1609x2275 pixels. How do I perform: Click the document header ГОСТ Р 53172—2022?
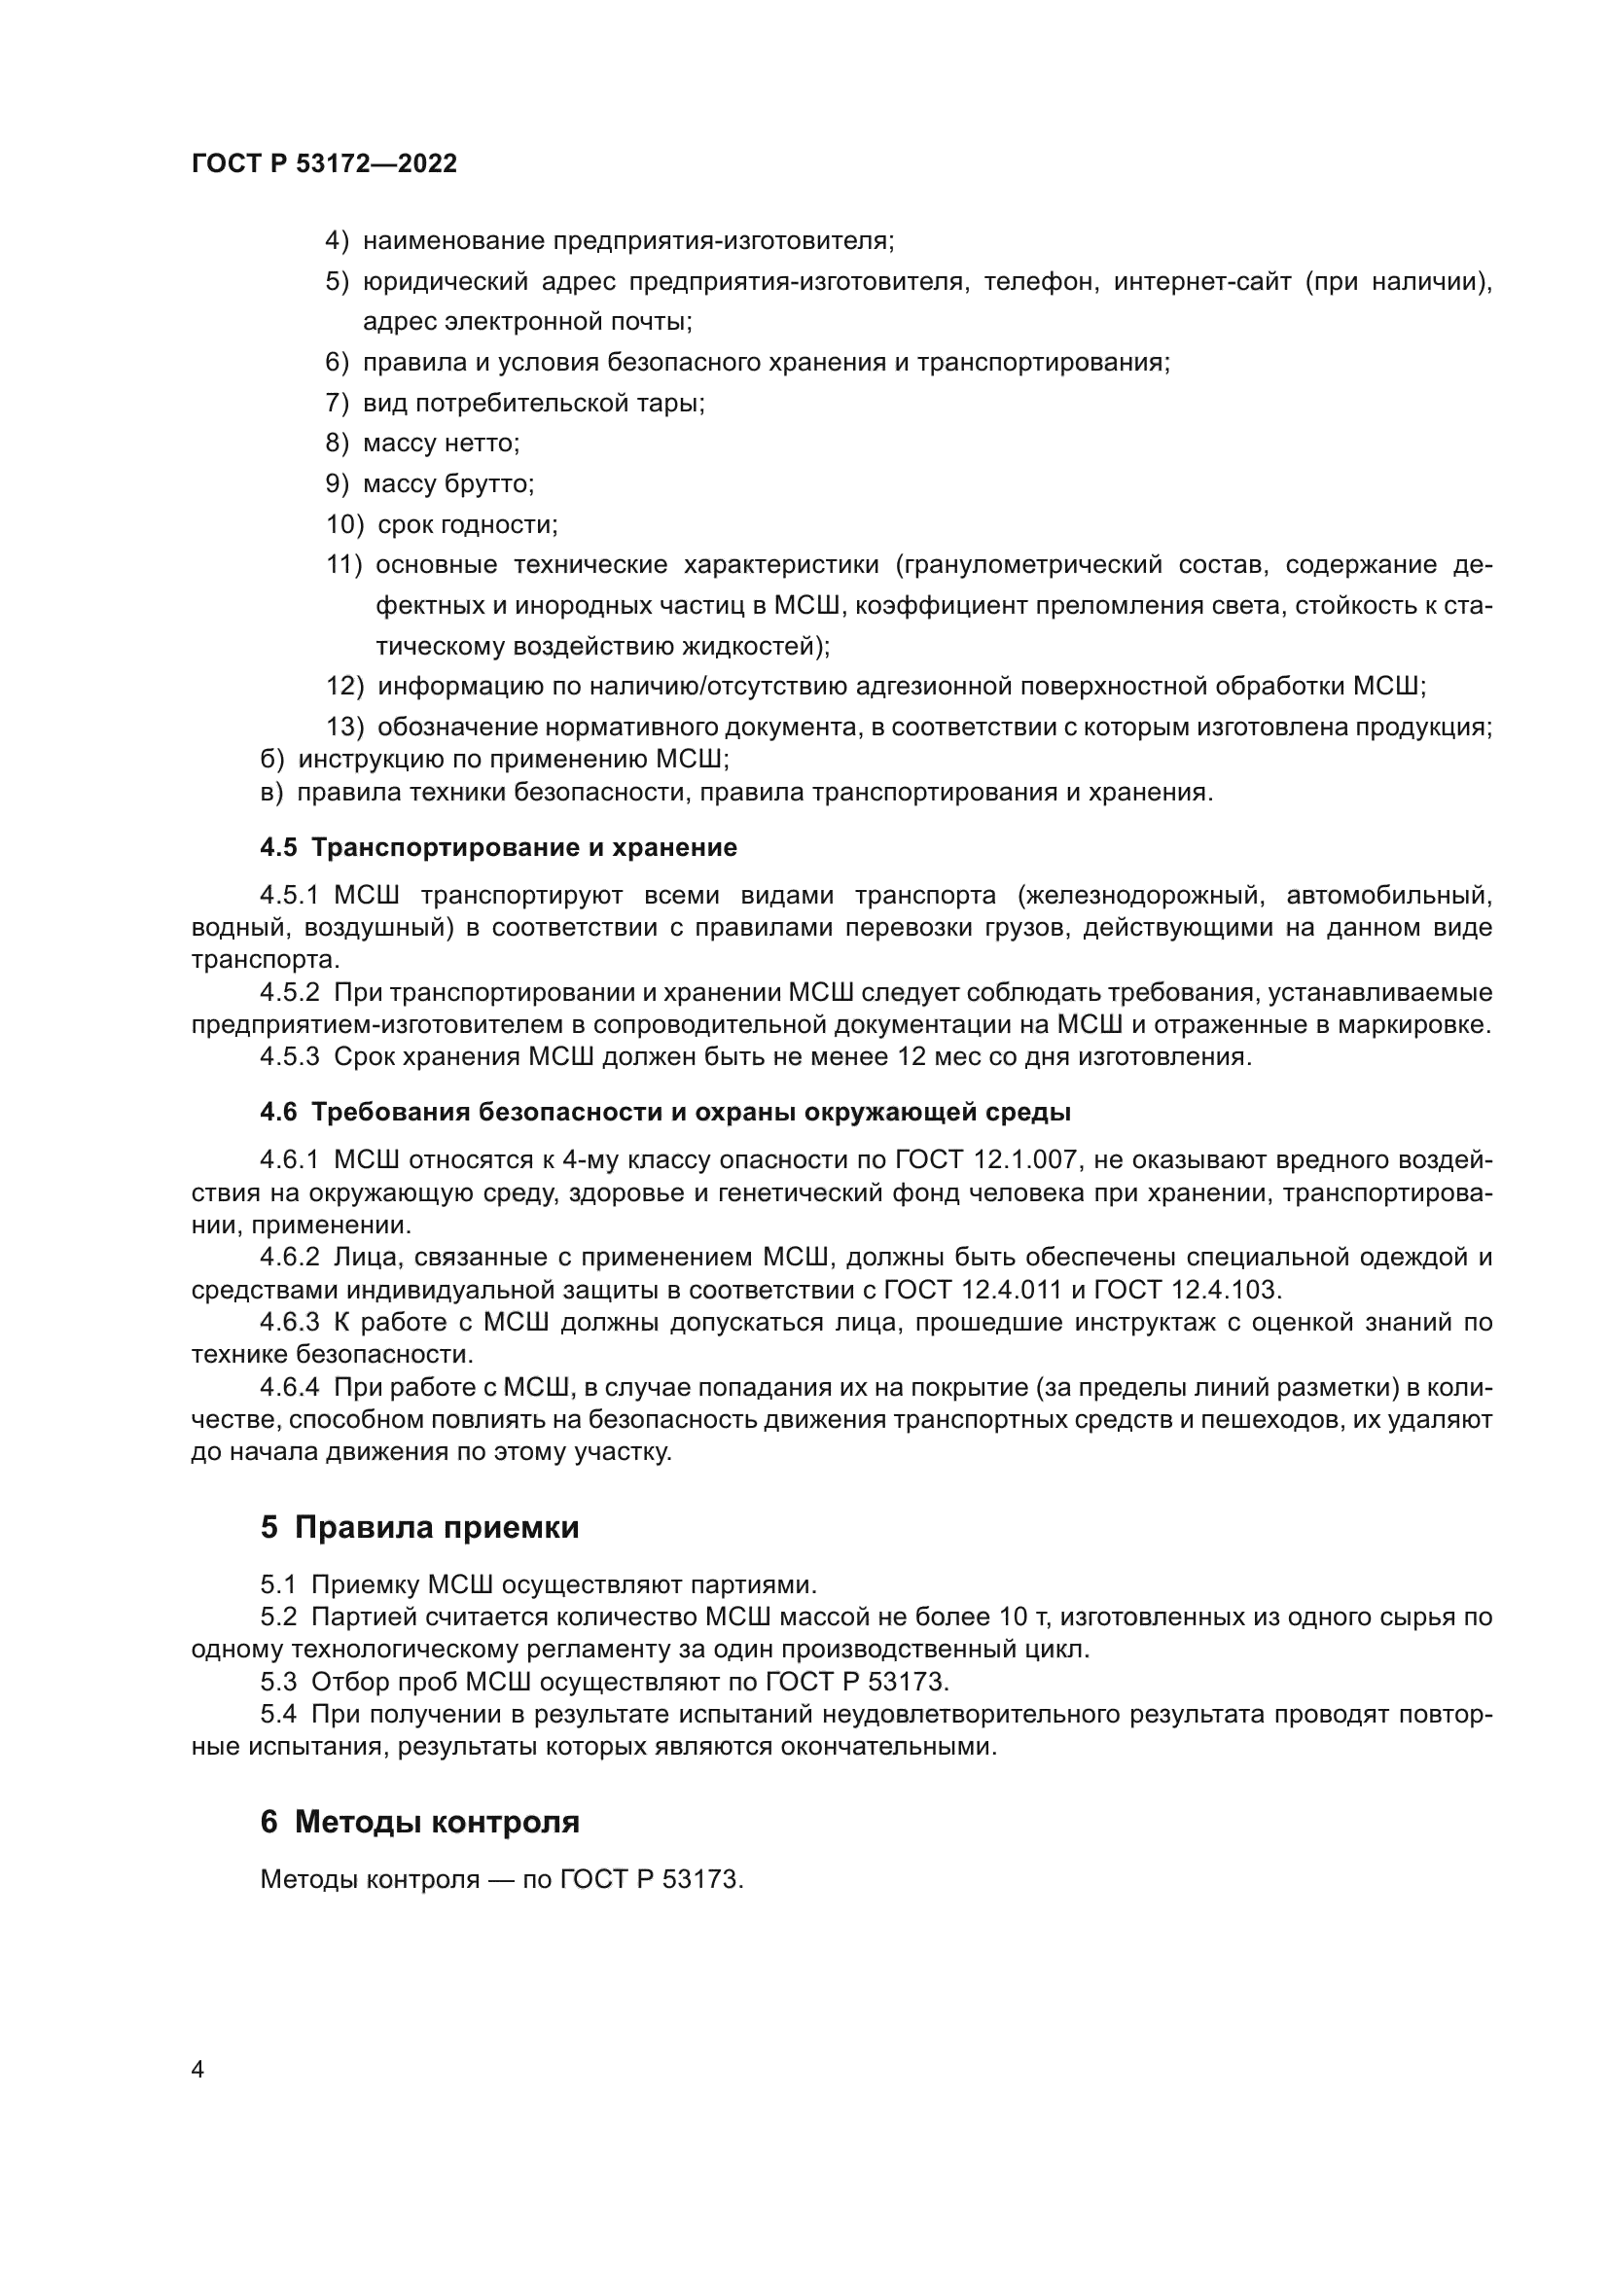point(324,163)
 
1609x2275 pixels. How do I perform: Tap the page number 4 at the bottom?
point(197,2069)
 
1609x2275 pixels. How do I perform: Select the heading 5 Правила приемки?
point(419,1527)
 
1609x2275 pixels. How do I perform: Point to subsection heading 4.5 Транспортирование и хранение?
point(498,847)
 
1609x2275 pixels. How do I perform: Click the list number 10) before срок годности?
point(344,524)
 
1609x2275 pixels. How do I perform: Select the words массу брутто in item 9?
point(447,483)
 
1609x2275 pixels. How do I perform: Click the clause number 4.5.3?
point(289,1056)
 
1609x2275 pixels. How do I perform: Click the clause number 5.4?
point(278,1713)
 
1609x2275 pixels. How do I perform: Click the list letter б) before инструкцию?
point(271,759)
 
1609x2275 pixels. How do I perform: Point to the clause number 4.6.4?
point(289,1386)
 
